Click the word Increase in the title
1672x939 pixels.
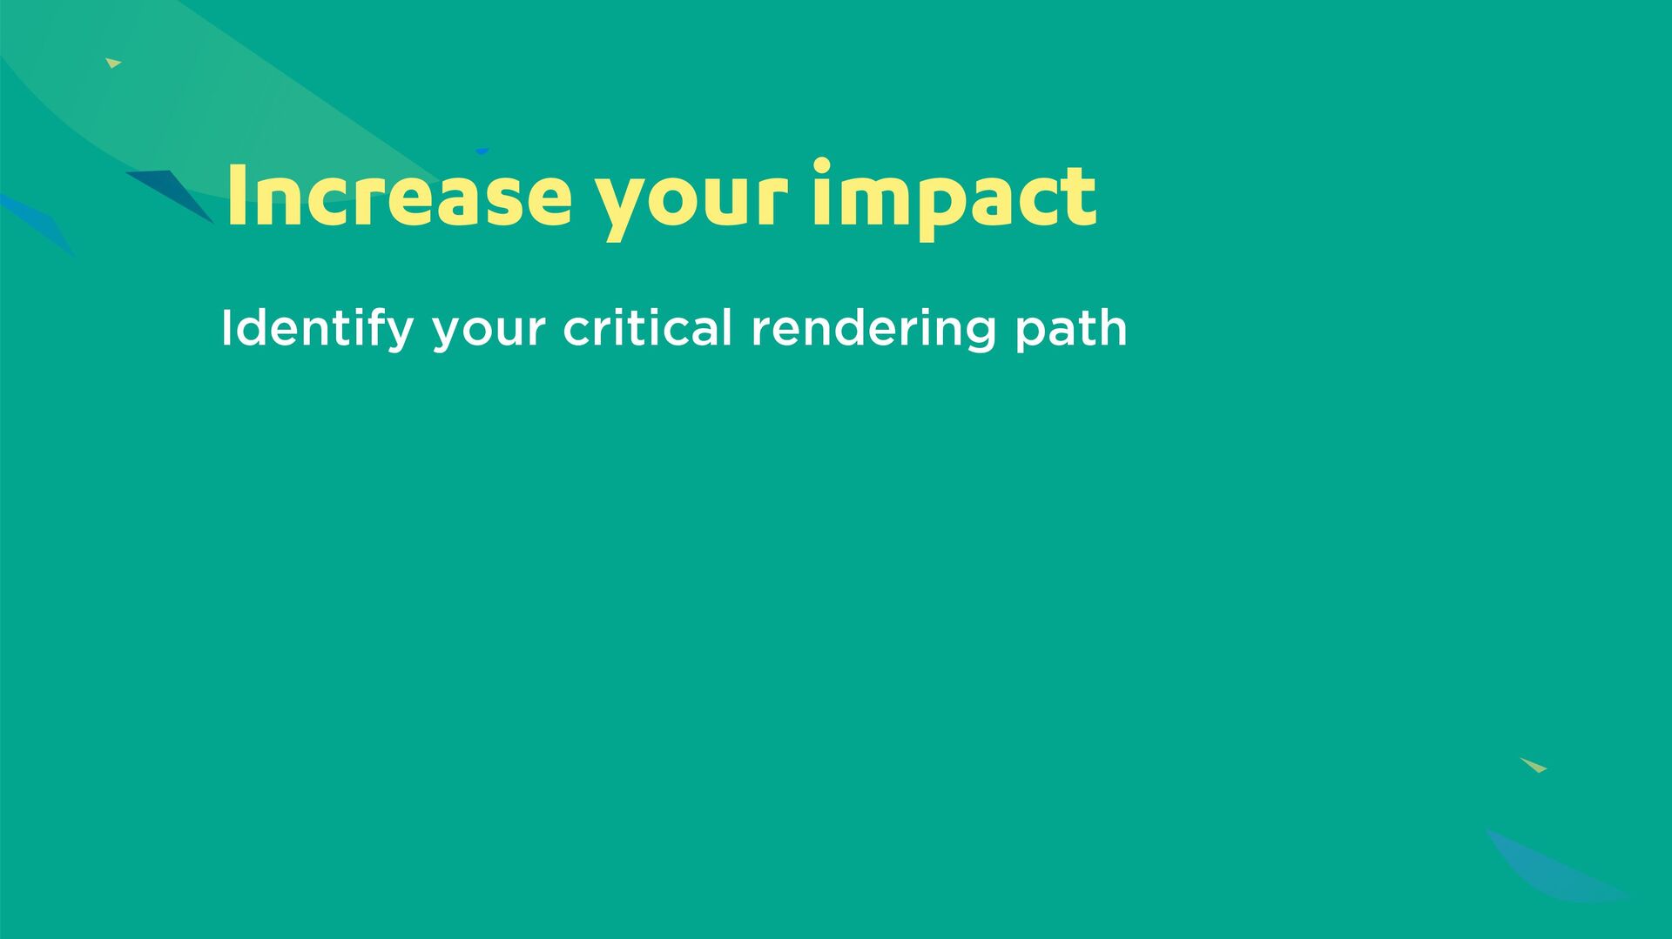click(x=399, y=196)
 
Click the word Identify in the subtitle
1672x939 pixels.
click(x=317, y=329)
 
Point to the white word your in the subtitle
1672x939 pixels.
click(x=489, y=333)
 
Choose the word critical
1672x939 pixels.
click(x=647, y=327)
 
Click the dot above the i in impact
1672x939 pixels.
click(x=821, y=165)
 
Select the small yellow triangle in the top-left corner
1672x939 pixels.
click(x=113, y=63)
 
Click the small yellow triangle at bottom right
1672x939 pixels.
click(x=1534, y=765)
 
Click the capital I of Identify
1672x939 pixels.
click(x=226, y=328)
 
